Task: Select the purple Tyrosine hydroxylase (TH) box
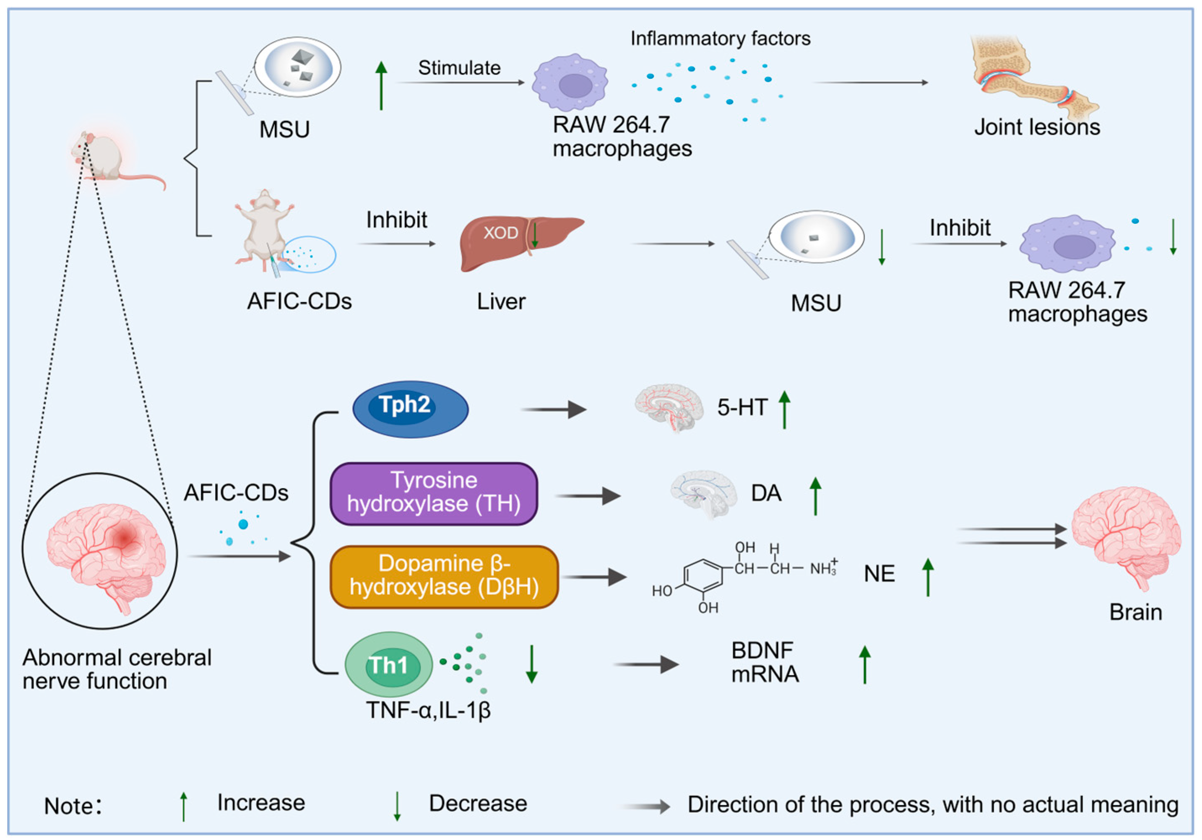click(x=434, y=493)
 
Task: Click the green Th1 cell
click(x=388, y=665)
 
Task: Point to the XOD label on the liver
click(x=500, y=233)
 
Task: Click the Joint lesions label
click(x=1037, y=127)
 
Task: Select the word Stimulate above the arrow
click(x=459, y=68)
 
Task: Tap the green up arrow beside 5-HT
click(x=784, y=410)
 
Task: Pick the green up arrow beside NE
click(x=928, y=577)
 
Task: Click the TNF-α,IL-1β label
click(x=428, y=710)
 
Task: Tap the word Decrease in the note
click(x=477, y=804)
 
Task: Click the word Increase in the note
click(x=261, y=803)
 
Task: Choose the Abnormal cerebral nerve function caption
click(x=117, y=669)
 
